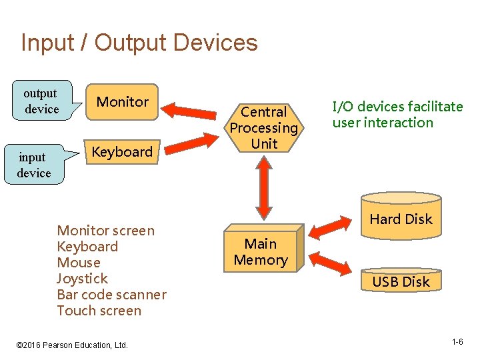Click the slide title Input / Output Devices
click(x=139, y=43)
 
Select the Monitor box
click(x=123, y=102)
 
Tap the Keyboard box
click(x=122, y=152)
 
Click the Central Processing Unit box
click(x=264, y=127)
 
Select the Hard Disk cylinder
click(x=401, y=217)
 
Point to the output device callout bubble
click(x=41, y=101)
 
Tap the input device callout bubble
click(x=34, y=165)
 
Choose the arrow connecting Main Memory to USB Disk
click(x=331, y=262)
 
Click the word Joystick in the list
click(x=82, y=279)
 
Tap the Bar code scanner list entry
click(x=111, y=295)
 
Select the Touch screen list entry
click(x=99, y=311)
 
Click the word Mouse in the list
click(x=79, y=263)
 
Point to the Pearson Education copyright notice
click(x=71, y=345)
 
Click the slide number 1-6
click(x=457, y=342)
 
